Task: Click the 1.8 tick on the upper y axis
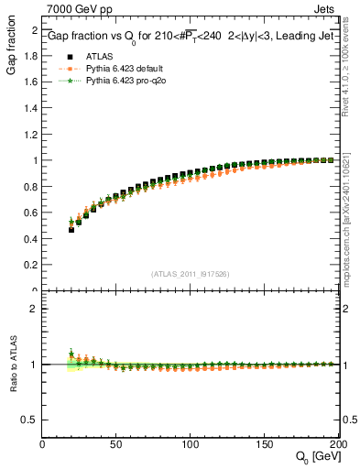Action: point(31,55)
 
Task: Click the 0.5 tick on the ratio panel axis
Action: point(31,420)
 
